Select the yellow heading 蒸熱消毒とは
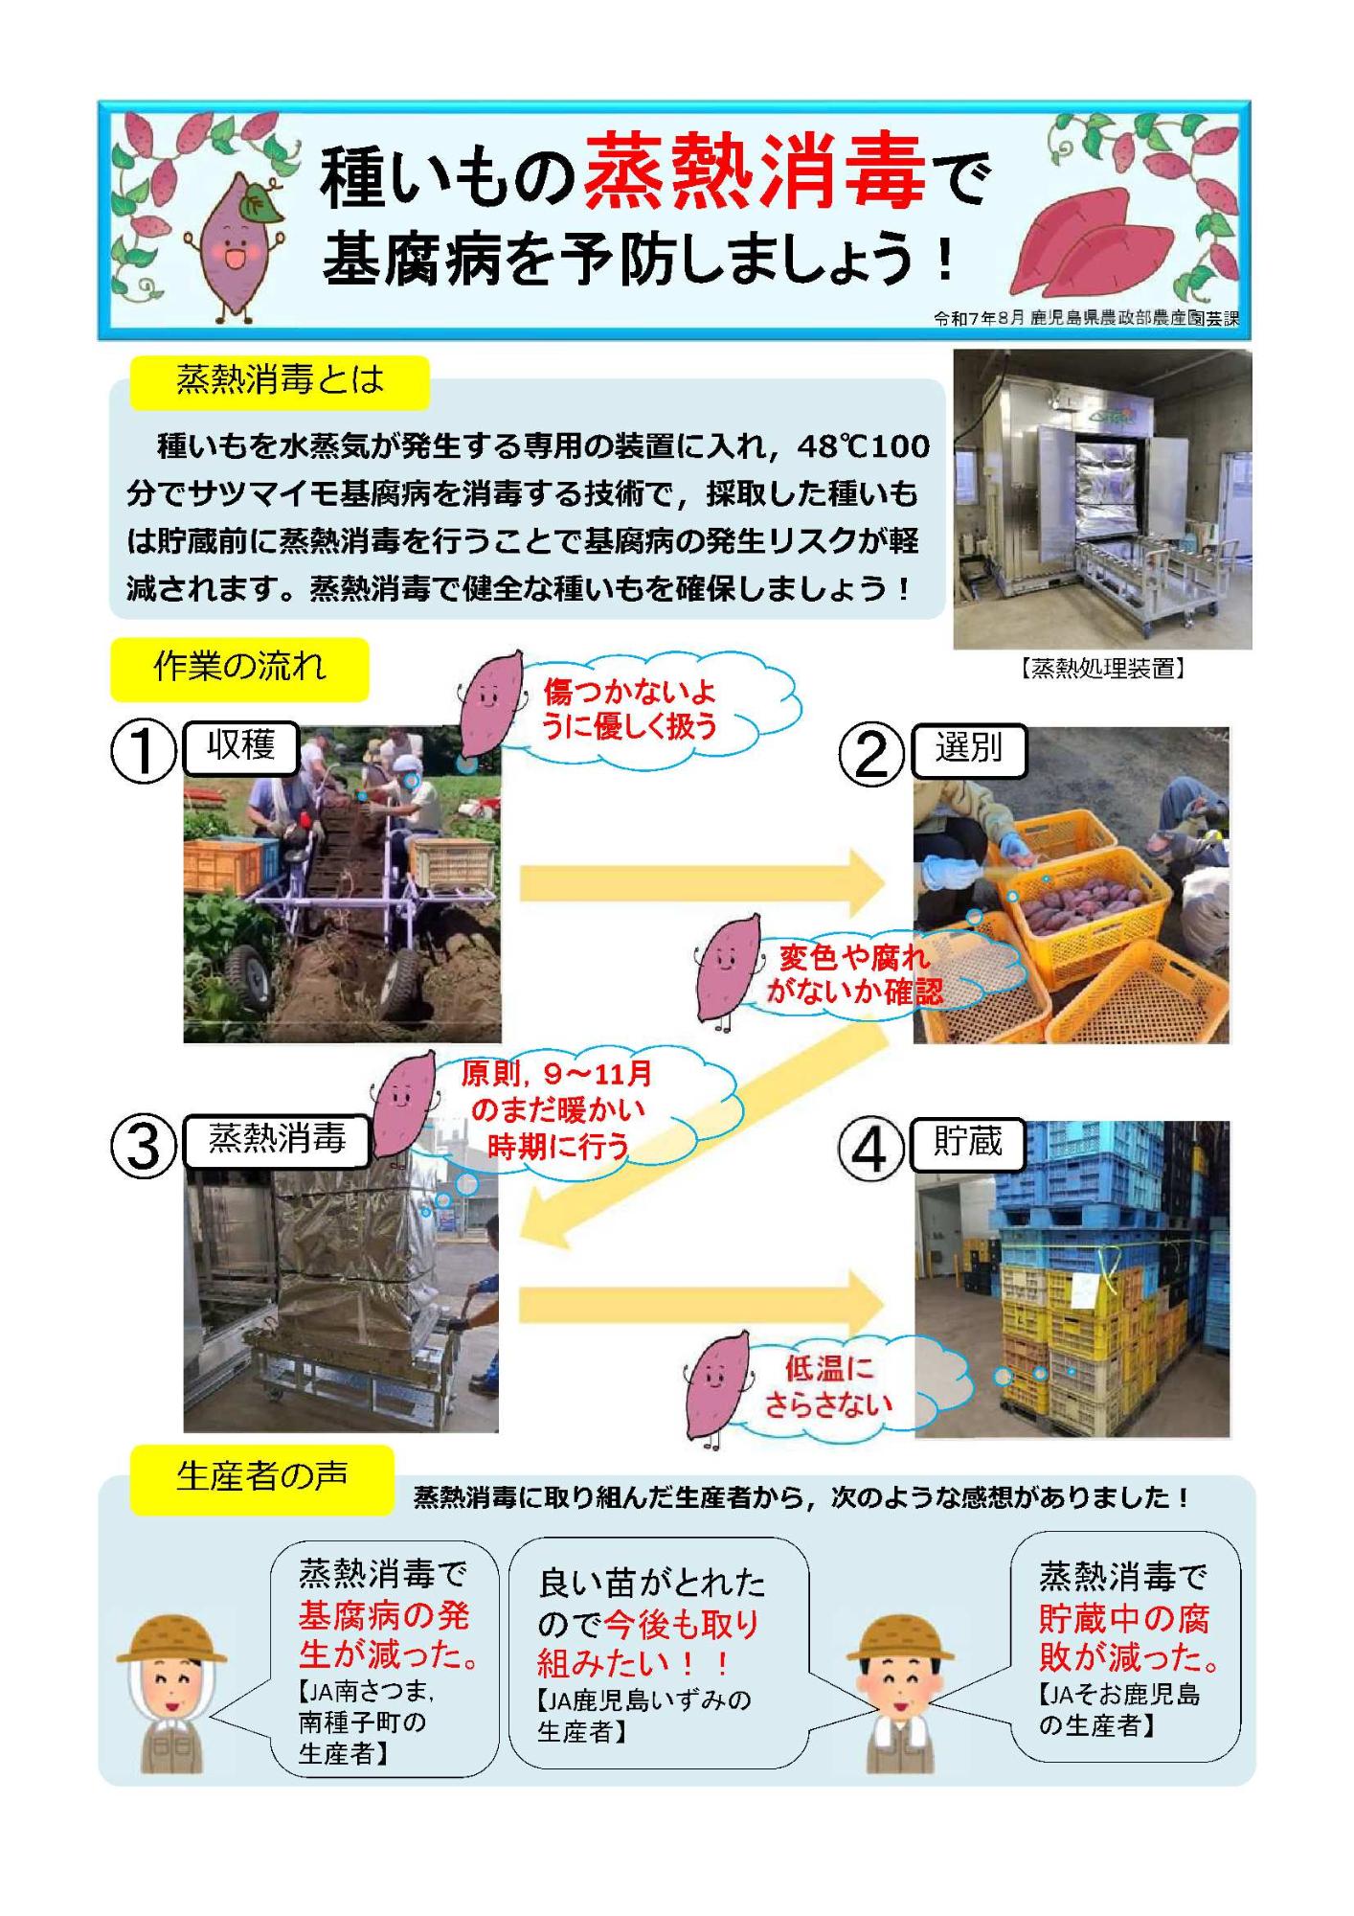click(280, 380)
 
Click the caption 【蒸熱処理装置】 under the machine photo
click(1101, 669)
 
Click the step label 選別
click(969, 748)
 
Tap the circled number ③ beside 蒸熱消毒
click(143, 1147)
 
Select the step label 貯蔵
click(968, 1142)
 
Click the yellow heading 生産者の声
click(261, 1476)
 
